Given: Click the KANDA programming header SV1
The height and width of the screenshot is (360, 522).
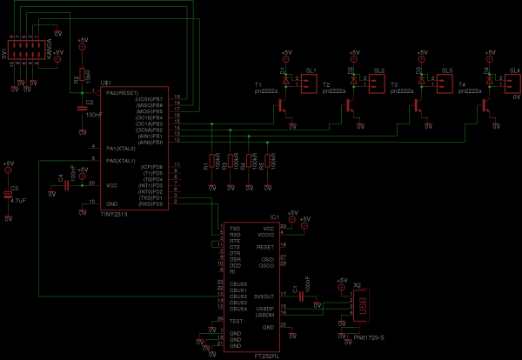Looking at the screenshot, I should click(27, 52).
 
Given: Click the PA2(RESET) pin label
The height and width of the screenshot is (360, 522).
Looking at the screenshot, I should click(122, 91).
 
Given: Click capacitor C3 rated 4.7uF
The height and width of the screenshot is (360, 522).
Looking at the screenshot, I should click(9, 196).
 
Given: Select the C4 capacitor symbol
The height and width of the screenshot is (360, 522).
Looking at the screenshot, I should click(69, 183).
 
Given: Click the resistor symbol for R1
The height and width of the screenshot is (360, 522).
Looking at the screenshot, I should click(213, 162).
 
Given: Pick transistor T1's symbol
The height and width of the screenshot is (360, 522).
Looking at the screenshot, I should click(284, 104).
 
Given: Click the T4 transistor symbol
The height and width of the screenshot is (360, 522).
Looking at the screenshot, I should click(485, 104).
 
